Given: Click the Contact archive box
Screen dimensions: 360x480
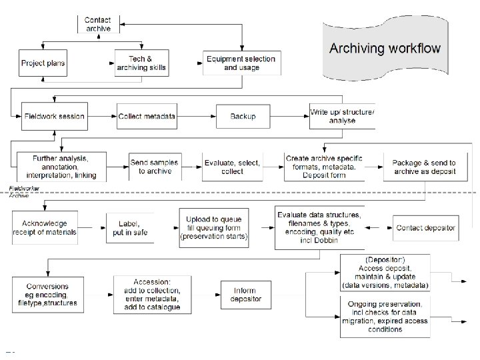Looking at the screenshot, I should tap(98, 23).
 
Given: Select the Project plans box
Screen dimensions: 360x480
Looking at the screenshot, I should tap(43, 63).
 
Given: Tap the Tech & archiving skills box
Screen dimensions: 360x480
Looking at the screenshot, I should tap(141, 63).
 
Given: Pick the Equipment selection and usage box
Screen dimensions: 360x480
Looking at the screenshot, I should tap(240, 63).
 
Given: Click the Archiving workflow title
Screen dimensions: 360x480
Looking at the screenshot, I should tap(385, 48).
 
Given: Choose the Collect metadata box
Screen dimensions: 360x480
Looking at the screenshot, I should tap(147, 116).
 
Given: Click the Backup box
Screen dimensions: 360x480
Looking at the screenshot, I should tap(243, 116).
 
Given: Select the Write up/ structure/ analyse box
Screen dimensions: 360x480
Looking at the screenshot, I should tap(342, 116).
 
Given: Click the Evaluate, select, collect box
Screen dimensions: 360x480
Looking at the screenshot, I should tap(232, 167).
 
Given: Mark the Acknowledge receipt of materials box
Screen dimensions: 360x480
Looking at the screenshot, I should tap(45, 227).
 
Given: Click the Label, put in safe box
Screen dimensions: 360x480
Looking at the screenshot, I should tap(130, 227).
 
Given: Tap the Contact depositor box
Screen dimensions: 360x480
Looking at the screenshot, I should tap(425, 228).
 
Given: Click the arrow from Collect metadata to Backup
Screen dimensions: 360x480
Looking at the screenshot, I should tap(197, 116).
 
